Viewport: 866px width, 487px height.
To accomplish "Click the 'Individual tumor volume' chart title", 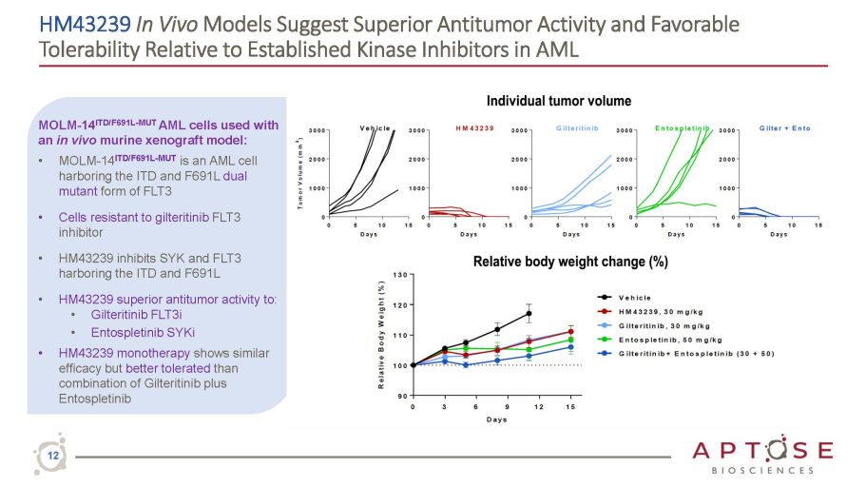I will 558,101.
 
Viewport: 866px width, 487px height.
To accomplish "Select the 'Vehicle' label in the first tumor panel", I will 375,127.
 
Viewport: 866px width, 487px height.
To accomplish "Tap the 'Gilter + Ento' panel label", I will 784,127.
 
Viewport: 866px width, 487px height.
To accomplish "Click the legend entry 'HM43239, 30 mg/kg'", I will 665,310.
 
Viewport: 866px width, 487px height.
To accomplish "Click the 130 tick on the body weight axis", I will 400,275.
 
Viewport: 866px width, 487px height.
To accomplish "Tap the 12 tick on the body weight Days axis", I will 539,407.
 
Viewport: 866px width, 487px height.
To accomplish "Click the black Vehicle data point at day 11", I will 529,313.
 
